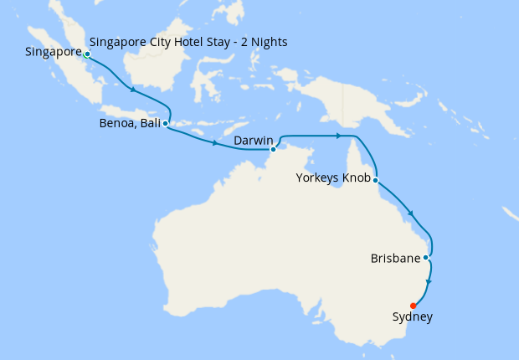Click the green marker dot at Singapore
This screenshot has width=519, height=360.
[x=87, y=54]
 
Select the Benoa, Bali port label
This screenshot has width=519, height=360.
[x=130, y=123]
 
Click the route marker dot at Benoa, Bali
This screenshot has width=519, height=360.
[x=166, y=123]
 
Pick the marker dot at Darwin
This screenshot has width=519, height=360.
[x=274, y=150]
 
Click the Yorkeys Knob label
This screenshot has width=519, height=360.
[x=333, y=177]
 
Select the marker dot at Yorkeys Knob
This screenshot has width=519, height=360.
[x=376, y=180]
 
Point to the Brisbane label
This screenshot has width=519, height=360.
[x=394, y=259]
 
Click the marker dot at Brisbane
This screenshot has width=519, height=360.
[x=427, y=257]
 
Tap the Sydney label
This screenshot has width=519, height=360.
[x=413, y=317]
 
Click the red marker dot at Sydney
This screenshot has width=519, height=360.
[x=414, y=306]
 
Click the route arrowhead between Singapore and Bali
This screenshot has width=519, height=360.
[x=132, y=90]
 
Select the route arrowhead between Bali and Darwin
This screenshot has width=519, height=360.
[x=215, y=143]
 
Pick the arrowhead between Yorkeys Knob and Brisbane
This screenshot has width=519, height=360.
[x=411, y=215]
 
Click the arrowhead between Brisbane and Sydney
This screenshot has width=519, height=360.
[x=429, y=282]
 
